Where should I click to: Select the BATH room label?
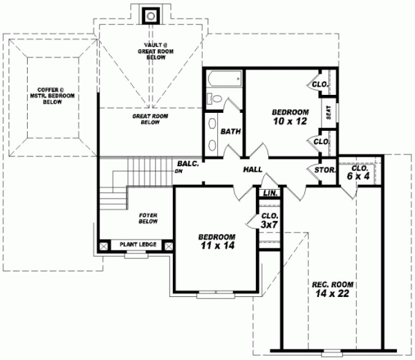(x=230, y=132)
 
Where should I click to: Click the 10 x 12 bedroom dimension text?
(x=290, y=122)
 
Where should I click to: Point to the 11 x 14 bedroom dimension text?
(x=216, y=245)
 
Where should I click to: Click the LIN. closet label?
(x=270, y=192)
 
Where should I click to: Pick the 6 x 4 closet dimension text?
(x=360, y=177)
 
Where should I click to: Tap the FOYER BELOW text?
(x=148, y=219)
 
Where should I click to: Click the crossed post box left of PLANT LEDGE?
(x=104, y=245)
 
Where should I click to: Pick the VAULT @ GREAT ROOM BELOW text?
(x=151, y=50)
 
